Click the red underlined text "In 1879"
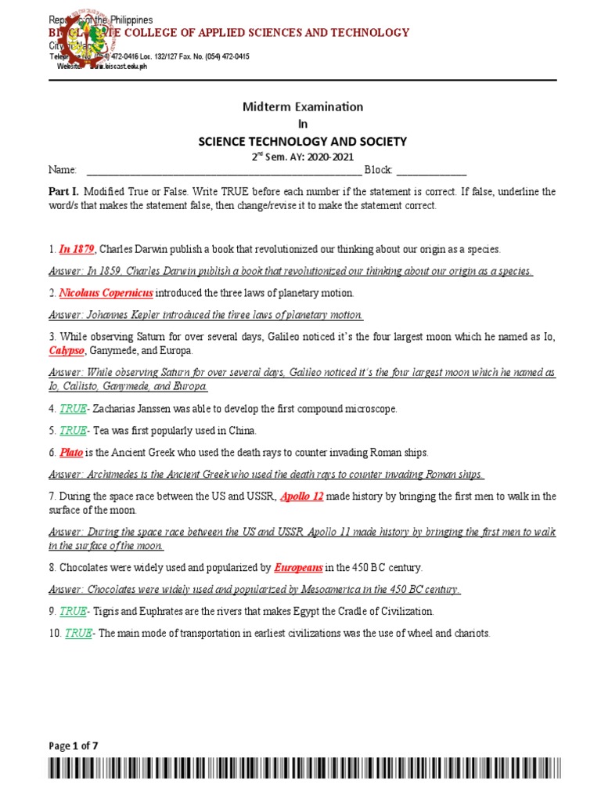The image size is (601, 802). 77,249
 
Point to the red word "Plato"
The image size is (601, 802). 71,453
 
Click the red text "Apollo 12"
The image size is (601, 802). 300,496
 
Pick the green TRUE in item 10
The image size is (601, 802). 78,633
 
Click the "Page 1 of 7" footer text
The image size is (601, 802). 73,746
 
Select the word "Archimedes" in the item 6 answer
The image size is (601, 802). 112,475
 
